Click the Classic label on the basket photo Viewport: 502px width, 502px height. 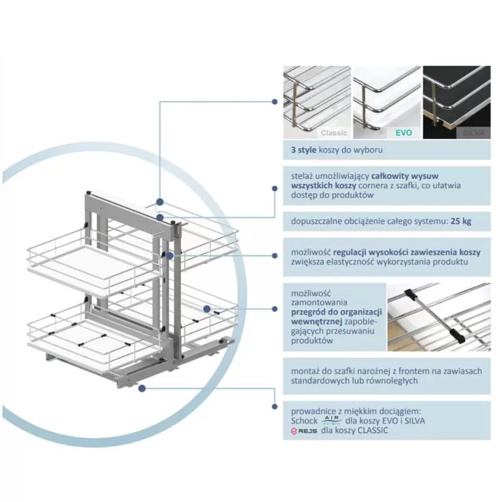334,133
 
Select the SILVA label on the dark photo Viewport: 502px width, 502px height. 474,133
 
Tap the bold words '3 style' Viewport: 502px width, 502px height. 303,151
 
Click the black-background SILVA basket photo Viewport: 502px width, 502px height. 456,102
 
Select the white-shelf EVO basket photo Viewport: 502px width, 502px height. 387,102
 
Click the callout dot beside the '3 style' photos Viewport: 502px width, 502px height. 274,101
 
